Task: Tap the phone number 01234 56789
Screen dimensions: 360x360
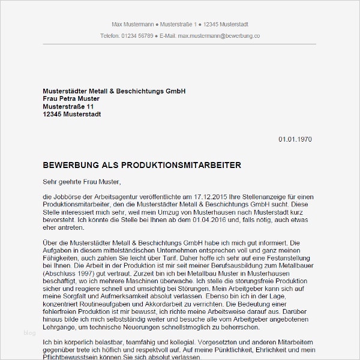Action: tap(136, 36)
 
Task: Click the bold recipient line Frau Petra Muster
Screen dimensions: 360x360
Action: tap(71, 98)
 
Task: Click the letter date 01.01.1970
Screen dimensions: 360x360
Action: tap(295, 139)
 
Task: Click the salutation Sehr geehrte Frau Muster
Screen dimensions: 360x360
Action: tap(82, 181)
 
